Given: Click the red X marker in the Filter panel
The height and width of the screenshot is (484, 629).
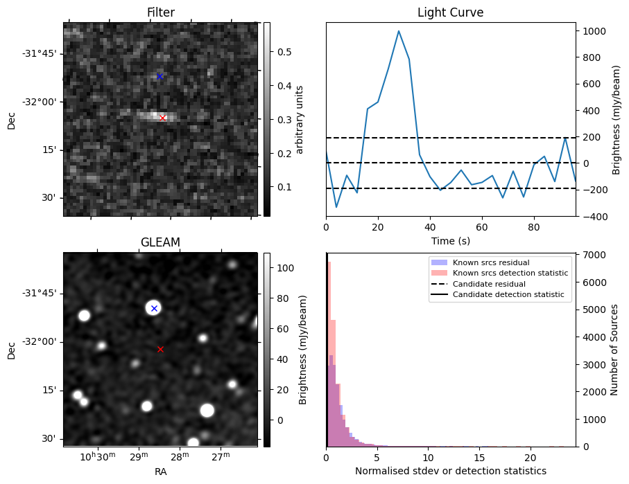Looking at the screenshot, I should (x=162, y=118).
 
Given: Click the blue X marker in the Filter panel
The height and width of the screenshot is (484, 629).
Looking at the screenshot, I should (x=160, y=76).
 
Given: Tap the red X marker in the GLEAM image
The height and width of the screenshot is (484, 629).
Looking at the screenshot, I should (x=160, y=349).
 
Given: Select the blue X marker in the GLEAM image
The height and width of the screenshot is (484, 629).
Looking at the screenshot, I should (x=154, y=308).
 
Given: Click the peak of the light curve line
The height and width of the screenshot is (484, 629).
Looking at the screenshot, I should (x=399, y=30).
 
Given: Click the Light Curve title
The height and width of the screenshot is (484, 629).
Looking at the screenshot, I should (x=450, y=12).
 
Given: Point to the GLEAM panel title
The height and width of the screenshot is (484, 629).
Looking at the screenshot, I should (x=160, y=242).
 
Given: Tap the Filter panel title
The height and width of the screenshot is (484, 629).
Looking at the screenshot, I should (x=160, y=12).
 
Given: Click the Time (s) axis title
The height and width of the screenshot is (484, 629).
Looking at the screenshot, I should (x=450, y=240).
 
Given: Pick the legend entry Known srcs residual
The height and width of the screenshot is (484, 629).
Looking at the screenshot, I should (x=491, y=263).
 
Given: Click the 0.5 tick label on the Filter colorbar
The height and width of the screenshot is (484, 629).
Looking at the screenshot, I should (x=284, y=52).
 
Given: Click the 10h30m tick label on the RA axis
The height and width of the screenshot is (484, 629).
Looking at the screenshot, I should (x=96, y=456).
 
